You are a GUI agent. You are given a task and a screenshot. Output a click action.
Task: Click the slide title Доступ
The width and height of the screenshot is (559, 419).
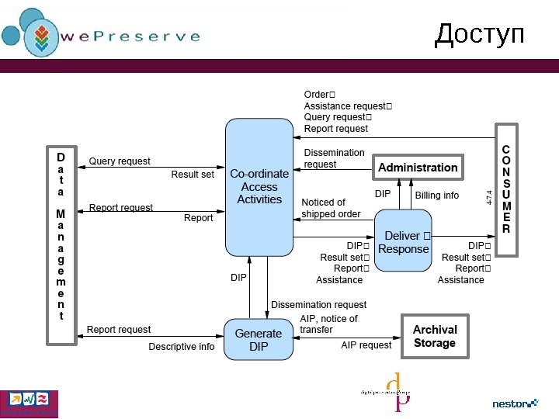479,34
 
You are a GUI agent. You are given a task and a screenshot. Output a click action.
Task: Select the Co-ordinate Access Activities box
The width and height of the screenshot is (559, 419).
259,187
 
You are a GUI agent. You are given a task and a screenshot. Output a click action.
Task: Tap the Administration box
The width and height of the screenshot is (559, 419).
418,168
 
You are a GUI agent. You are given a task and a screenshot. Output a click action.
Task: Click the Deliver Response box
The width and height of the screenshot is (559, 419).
403,241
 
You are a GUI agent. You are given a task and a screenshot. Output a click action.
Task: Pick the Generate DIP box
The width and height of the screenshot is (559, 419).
259,340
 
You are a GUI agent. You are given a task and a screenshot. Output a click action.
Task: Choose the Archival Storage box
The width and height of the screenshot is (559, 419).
435,337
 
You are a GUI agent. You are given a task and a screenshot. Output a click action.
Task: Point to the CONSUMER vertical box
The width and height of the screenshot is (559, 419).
506,189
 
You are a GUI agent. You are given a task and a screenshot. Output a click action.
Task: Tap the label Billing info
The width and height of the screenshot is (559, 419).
436,196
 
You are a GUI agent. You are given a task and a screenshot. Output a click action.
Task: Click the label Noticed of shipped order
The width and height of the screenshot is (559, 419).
331,208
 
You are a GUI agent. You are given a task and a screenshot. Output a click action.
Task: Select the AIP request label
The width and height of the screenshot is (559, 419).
366,345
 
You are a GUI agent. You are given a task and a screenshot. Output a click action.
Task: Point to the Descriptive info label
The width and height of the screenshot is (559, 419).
182,347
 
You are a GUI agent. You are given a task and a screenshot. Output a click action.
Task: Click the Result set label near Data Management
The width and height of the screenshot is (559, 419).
193,175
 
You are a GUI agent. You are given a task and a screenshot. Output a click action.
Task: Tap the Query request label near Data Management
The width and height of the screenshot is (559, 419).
120,161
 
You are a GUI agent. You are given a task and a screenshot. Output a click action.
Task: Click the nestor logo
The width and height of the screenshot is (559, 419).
515,403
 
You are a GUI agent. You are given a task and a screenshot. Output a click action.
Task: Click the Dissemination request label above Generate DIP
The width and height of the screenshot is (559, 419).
318,305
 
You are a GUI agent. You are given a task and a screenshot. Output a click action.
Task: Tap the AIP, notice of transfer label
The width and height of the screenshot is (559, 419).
328,324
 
